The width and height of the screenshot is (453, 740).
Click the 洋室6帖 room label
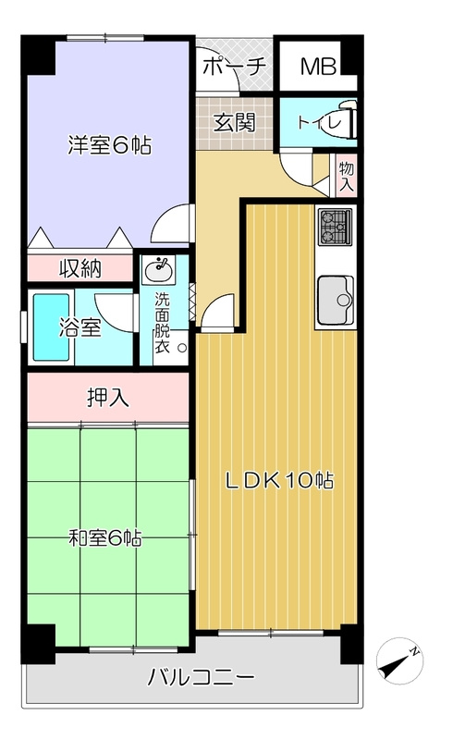109,145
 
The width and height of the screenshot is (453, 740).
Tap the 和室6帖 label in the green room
104,538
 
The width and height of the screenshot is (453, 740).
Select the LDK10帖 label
279,481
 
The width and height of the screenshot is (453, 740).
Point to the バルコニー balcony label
201,678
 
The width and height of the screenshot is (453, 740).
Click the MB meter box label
319,67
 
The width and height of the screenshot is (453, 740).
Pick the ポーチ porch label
235,66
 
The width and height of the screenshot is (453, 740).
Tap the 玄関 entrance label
235,123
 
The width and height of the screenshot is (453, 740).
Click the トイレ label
319,123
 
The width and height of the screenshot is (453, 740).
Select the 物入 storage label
347,176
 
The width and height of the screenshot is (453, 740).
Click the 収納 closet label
80,268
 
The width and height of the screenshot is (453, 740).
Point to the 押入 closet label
108,398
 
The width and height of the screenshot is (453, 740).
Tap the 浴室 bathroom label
80,327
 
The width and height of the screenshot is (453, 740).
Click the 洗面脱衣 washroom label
163,323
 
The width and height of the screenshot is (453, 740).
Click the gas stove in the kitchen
336,227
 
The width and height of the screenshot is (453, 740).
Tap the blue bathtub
51,327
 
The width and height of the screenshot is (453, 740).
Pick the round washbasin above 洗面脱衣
159,269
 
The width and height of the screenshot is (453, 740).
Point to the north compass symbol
399,660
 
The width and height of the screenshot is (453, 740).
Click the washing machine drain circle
182,349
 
